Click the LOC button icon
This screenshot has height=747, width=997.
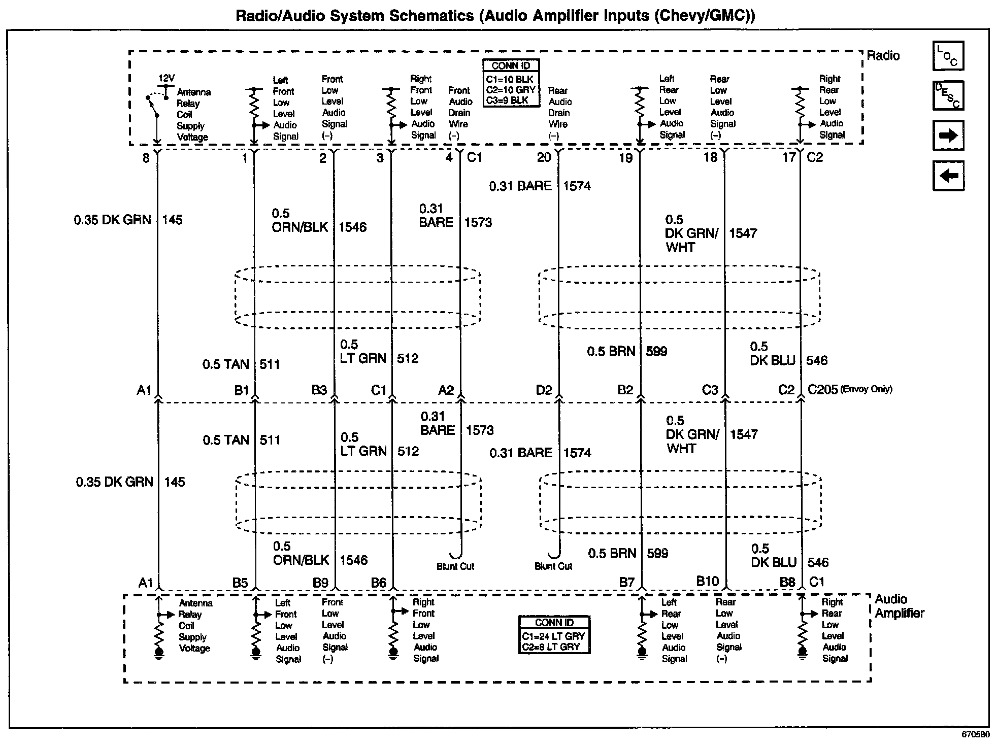tap(948, 56)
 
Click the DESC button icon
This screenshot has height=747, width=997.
tap(948, 95)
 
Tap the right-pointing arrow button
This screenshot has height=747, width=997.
tap(948, 135)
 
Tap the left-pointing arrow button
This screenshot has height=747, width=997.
tap(948, 176)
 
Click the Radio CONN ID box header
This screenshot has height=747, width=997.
tap(511, 65)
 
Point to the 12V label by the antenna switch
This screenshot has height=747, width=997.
tap(167, 78)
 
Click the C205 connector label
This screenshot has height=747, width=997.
tap(822, 390)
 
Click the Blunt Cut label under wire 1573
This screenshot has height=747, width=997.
tap(455, 566)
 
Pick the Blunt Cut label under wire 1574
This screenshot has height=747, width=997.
tap(553, 566)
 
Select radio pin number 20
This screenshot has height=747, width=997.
tap(544, 157)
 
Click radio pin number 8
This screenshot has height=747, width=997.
tap(146, 158)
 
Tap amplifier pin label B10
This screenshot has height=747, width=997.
tap(707, 582)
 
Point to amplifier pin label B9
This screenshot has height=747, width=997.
tap(320, 583)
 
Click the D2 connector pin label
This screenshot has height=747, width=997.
tap(544, 390)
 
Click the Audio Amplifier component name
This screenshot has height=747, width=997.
tap(899, 606)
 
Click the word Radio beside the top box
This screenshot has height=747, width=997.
tap(883, 56)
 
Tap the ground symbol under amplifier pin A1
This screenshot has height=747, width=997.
tap(159, 653)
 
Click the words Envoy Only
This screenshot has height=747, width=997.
tap(866, 390)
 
